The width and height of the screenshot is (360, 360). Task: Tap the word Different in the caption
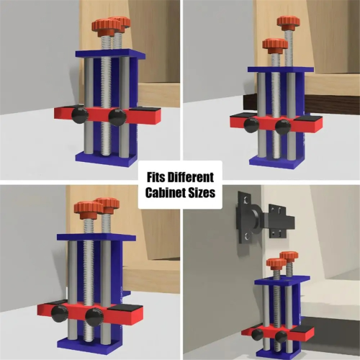[x=191, y=177]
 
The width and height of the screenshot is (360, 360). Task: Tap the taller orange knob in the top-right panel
[x=288, y=22]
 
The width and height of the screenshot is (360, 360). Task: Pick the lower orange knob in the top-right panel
[x=275, y=45]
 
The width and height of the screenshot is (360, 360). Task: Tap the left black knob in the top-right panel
[x=251, y=125]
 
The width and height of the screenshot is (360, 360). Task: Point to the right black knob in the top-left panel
[x=117, y=117]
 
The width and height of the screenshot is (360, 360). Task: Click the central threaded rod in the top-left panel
[x=106, y=96]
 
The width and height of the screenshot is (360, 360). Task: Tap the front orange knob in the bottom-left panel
[x=89, y=210]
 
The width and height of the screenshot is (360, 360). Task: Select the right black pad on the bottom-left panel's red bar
[x=125, y=308]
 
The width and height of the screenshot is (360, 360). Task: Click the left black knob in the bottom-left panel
[x=60, y=313]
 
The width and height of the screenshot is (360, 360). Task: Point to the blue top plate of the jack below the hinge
[x=282, y=281]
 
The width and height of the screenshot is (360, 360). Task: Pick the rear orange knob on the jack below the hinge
[x=289, y=257]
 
